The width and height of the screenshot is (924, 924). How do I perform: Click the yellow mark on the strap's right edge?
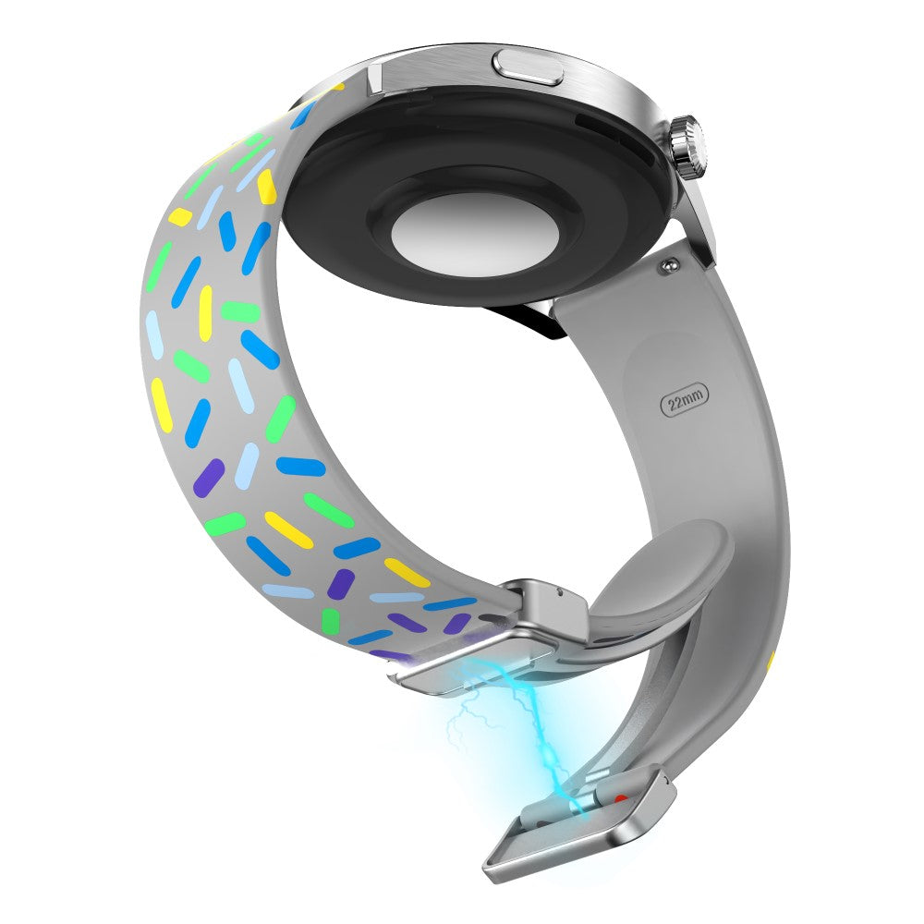pos(771,662)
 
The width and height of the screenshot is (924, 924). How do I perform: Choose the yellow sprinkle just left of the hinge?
pos(407,572)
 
